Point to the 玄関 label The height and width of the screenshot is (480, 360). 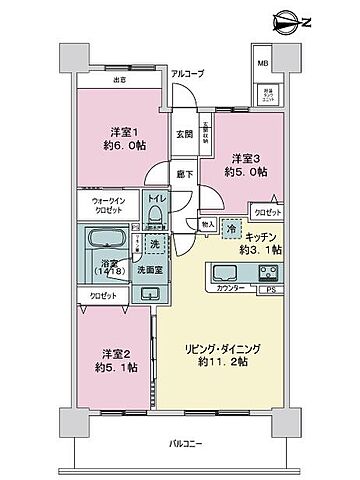click(x=185, y=133)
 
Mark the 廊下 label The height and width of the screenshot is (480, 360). click(x=185, y=172)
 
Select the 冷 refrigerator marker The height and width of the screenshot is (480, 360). click(x=231, y=227)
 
